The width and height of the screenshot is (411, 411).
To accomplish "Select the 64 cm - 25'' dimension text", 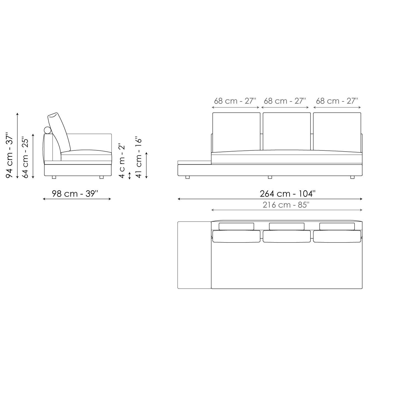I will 25,157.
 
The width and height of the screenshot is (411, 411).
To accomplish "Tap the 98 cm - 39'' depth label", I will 75,194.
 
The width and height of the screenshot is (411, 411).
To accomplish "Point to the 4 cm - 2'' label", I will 122,161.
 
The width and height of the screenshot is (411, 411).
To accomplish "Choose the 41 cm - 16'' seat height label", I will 139,158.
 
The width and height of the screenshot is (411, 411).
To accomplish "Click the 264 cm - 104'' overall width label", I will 287,194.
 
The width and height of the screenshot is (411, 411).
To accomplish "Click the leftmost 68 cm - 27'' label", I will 235,101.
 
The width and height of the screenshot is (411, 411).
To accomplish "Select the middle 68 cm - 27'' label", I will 285,101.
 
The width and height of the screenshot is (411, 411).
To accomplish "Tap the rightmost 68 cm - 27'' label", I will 337,101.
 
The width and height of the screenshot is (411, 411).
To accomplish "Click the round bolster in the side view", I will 48,130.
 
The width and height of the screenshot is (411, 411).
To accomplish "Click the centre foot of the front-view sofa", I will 270,177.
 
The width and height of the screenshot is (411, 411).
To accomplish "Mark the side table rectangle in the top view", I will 194,255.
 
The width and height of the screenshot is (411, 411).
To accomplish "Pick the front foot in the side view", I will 102,177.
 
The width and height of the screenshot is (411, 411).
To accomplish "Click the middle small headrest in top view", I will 287,226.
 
